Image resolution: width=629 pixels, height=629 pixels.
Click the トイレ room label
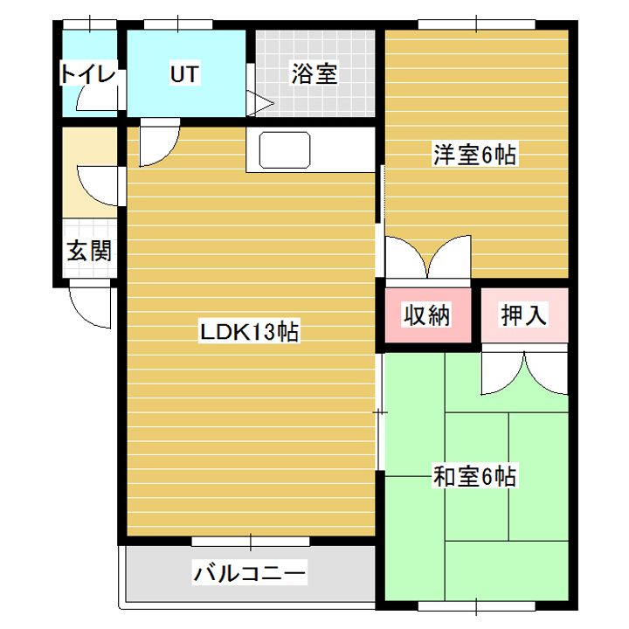(87, 75)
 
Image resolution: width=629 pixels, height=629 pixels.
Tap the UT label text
(184, 75)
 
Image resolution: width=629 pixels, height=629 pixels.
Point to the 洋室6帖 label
(475, 156)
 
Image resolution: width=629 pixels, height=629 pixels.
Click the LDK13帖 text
(250, 332)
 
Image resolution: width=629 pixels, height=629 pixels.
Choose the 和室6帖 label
(475, 477)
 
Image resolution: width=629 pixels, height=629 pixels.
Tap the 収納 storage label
(426, 315)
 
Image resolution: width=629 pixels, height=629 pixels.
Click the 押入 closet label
(523, 315)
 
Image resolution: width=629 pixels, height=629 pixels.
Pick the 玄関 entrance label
(88, 252)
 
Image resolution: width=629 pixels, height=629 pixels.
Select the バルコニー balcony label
(250, 574)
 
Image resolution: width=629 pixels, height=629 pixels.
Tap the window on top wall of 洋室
(476, 24)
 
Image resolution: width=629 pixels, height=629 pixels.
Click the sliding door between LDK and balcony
(250, 542)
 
